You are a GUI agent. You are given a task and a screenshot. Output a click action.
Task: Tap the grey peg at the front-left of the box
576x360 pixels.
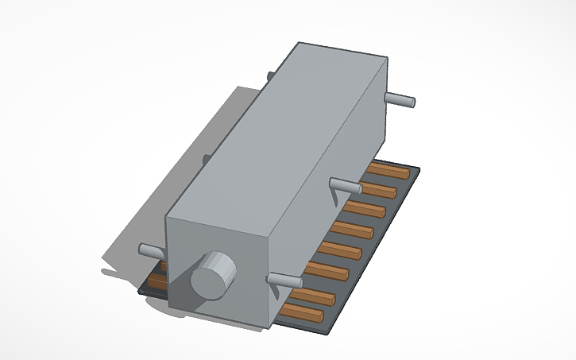coord(151,250)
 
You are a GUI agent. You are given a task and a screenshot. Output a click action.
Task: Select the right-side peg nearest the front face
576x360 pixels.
coord(284,279)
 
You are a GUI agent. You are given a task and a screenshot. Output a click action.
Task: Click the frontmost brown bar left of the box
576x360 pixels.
coord(157,281)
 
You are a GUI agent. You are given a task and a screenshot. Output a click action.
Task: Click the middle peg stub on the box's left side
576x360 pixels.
coord(206,159)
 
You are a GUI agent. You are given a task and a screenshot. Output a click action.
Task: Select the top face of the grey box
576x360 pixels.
coord(278,131)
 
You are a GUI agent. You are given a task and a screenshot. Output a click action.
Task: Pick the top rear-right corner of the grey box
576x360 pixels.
coord(388,58)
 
